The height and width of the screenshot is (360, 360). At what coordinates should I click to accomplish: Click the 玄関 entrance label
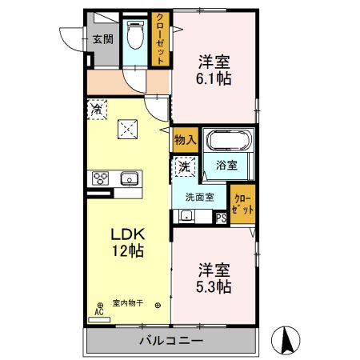coord(102,38)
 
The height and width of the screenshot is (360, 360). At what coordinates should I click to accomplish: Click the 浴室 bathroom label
coord(226,166)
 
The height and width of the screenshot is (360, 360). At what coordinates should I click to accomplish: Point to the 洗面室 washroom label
coord(198,198)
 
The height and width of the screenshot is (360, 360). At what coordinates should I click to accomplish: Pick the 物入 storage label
coord(185,140)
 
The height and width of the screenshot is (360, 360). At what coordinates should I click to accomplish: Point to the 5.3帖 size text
coord(214,285)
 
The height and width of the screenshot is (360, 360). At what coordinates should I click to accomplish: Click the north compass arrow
coord(286,339)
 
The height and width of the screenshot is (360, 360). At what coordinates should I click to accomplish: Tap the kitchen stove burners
coord(102,178)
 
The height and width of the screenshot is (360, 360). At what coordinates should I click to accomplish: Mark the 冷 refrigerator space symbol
coord(98,107)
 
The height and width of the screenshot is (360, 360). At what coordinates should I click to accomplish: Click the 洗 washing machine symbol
coord(183,167)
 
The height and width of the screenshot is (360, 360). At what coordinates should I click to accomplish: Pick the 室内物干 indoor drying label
coord(127,303)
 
